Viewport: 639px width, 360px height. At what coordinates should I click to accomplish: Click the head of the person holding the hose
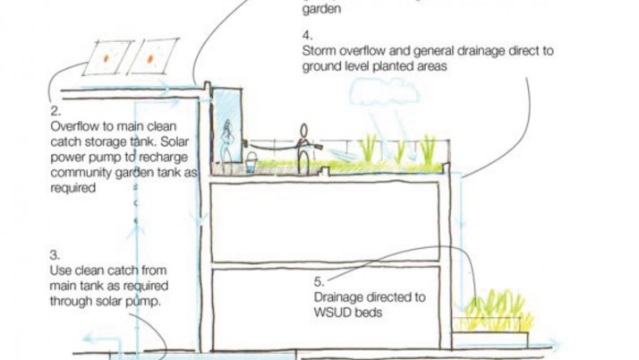303,129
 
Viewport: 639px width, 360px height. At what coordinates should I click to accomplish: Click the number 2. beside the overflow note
55,112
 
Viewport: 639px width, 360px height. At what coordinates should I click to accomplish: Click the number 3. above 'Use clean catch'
55,254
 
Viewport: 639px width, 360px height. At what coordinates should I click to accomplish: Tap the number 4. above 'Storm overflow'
307,36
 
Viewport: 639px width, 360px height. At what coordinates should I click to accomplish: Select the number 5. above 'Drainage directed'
319,282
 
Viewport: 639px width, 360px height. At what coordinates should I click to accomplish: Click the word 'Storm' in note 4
319,51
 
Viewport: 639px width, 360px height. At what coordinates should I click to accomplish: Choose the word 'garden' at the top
319,9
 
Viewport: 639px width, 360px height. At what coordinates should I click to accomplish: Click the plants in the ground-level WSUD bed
494,312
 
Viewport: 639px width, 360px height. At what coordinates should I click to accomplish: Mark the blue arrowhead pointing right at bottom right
555,344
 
